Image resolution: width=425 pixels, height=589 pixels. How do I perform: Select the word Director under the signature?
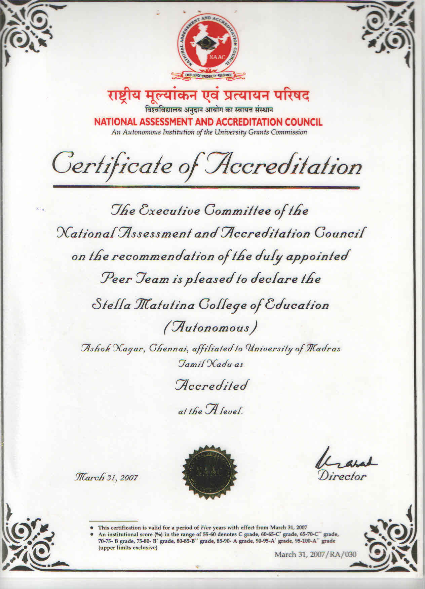[x=342, y=476]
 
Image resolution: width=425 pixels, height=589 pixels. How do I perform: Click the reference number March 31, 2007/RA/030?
[x=315, y=554]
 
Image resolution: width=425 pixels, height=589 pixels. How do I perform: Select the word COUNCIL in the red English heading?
[x=304, y=122]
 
